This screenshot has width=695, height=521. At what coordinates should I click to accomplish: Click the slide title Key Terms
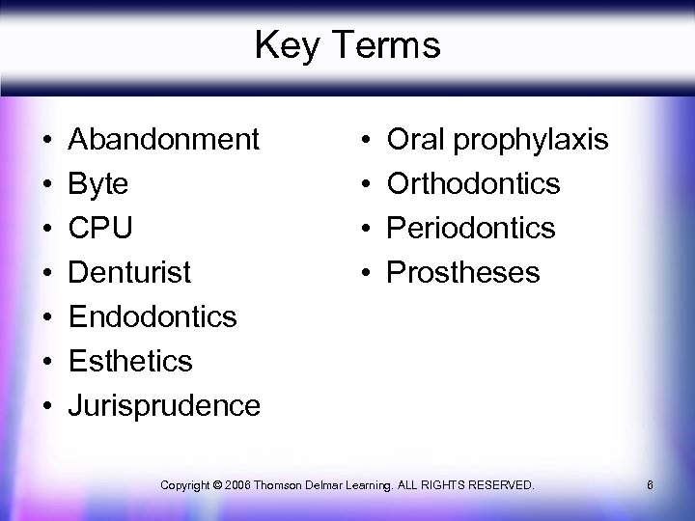[x=347, y=45]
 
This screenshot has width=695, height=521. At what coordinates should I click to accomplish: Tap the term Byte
[x=100, y=184]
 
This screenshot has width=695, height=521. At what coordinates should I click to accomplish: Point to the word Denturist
[x=130, y=273]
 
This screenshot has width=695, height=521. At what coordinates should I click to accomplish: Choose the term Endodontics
[x=153, y=317]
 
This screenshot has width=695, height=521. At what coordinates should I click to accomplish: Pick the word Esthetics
[x=130, y=362]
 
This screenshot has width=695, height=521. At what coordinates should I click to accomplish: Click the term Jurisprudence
[x=163, y=406]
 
